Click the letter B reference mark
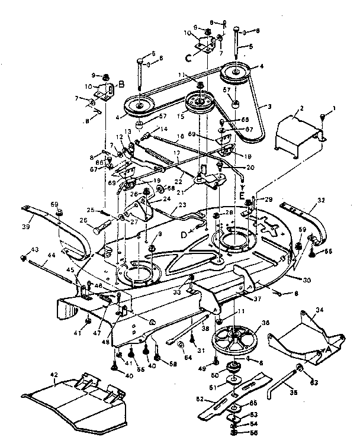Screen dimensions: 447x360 click(121, 85)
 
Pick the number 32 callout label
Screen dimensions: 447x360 click(322, 201)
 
